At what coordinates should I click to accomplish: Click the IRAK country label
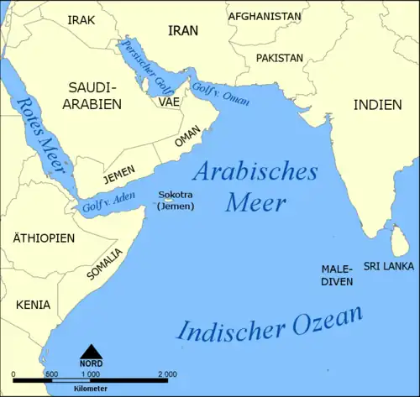(x=81, y=19)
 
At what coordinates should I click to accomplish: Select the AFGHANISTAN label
(x=265, y=16)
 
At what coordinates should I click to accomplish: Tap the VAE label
(x=168, y=102)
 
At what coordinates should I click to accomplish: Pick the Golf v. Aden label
(x=107, y=202)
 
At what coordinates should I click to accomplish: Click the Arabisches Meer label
(x=255, y=186)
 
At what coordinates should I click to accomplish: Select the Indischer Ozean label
(x=270, y=324)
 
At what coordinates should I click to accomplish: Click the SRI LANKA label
(x=388, y=265)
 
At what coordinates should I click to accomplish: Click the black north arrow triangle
(x=90, y=351)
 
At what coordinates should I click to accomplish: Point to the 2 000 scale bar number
(x=166, y=373)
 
